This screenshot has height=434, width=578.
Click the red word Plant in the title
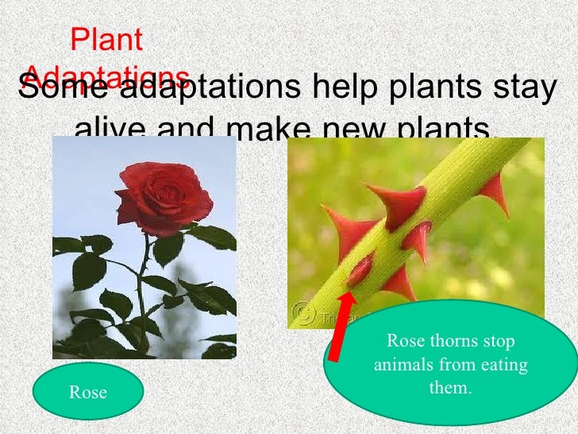106,40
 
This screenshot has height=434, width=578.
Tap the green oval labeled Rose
88,391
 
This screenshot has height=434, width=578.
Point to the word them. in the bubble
450,389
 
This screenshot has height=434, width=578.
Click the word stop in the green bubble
499,342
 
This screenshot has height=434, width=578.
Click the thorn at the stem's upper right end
497,191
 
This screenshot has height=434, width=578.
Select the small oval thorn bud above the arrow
360,271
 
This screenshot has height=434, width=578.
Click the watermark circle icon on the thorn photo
302,312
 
